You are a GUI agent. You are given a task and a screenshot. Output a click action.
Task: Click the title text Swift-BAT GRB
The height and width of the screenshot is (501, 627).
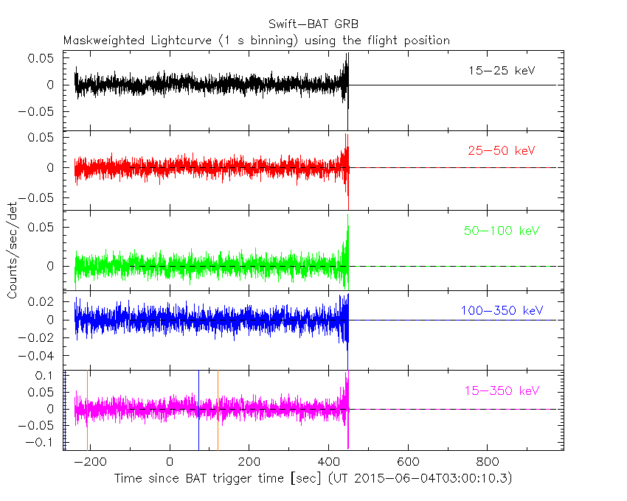coord(313,24)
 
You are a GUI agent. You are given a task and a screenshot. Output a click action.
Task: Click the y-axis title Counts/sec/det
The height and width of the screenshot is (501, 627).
coord(13,251)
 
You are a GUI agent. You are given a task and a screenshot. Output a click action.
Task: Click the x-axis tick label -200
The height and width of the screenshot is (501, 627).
coord(91,462)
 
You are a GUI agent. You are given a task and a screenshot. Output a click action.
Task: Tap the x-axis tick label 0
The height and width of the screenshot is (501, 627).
coord(170,462)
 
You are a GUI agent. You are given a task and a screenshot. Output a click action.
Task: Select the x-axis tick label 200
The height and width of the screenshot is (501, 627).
coord(249,462)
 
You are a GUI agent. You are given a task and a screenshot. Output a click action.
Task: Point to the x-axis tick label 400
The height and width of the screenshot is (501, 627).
coord(328,462)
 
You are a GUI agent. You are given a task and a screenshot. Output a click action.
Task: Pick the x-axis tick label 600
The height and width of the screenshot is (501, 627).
coord(407,462)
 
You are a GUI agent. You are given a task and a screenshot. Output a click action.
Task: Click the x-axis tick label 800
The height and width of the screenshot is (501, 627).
coord(486,462)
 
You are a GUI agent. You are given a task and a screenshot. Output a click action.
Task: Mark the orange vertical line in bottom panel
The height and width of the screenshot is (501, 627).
coord(87,409)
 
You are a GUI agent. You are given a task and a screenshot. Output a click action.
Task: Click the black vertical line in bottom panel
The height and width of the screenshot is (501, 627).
coord(198,409)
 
